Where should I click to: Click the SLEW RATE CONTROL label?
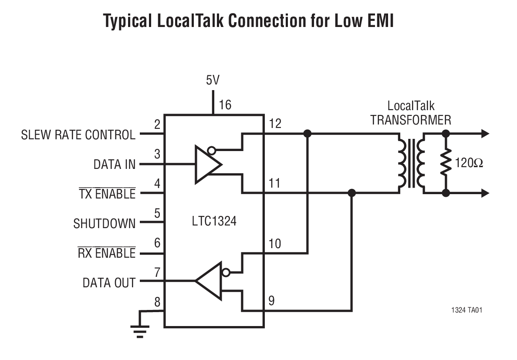point(78,135)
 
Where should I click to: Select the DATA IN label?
point(114,165)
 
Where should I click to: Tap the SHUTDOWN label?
point(104,224)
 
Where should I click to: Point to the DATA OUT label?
point(109,283)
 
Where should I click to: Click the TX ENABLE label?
point(107,194)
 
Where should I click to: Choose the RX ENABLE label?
point(106,253)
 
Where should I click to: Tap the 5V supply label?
point(213,81)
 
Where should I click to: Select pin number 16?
point(225,105)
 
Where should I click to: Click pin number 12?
point(275,124)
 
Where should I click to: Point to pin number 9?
point(271,301)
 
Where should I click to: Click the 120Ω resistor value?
point(469,164)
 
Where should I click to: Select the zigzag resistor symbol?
point(445,163)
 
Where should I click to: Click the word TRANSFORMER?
point(410,120)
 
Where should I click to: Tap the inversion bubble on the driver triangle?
point(211,151)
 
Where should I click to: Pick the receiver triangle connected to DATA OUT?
point(210,281)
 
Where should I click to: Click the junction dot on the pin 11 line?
point(352,193)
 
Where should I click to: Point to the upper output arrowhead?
point(484,134)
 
